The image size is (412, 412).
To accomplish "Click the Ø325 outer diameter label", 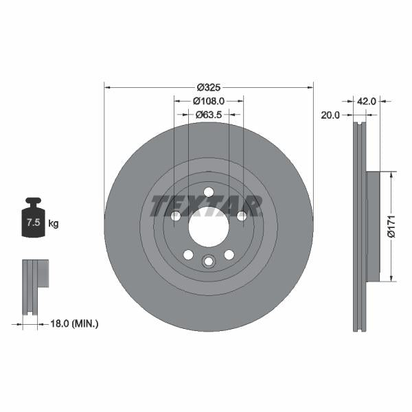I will (x=208, y=87).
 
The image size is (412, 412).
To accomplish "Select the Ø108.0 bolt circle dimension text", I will (x=208, y=100).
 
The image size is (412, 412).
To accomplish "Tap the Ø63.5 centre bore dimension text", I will (x=208, y=115).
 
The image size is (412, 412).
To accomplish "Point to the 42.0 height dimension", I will (x=367, y=100).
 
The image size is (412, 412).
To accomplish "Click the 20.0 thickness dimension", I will (x=330, y=115).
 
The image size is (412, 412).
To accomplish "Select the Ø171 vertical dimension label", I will (x=391, y=226).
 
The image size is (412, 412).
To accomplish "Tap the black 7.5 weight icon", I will (x=33, y=219).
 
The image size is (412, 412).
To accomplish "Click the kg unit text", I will (x=54, y=224).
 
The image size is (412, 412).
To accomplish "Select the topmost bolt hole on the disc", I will (x=209, y=192).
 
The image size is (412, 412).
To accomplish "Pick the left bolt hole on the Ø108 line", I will (x=175, y=216).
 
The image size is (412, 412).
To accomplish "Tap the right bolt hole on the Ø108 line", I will (x=242, y=216).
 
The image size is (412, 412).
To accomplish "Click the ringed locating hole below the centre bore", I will (x=209, y=261).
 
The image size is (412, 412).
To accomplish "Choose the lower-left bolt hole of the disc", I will (x=187, y=255).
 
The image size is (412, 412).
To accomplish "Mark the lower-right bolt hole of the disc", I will (x=229, y=255).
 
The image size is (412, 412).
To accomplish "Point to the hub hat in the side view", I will (x=373, y=226).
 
